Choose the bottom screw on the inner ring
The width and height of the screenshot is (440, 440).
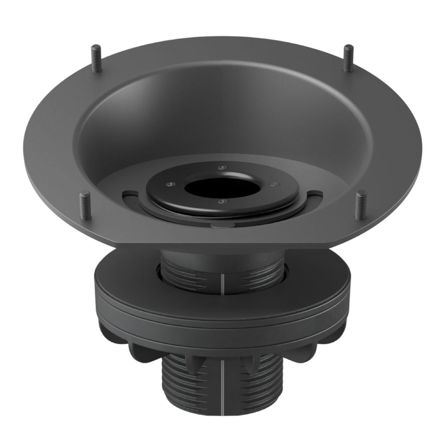tap(222, 202)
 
